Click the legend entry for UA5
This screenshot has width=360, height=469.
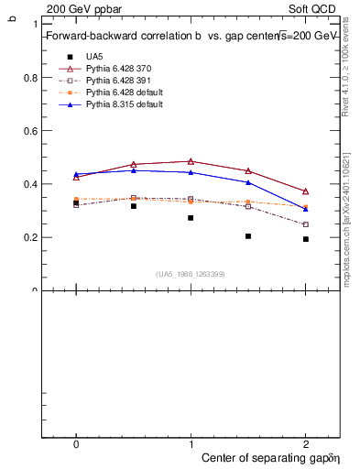(94, 57)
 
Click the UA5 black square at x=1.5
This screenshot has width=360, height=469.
(248, 236)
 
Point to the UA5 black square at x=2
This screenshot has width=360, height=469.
(306, 239)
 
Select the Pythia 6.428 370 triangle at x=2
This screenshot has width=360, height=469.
(306, 191)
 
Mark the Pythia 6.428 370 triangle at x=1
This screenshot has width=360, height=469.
(191, 161)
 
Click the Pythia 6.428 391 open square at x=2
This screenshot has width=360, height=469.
(306, 224)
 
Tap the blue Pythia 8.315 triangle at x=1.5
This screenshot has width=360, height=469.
(248, 182)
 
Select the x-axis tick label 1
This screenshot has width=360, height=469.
(191, 443)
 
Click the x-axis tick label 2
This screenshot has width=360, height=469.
(306, 443)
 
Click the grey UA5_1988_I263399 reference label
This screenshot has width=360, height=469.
(191, 274)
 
